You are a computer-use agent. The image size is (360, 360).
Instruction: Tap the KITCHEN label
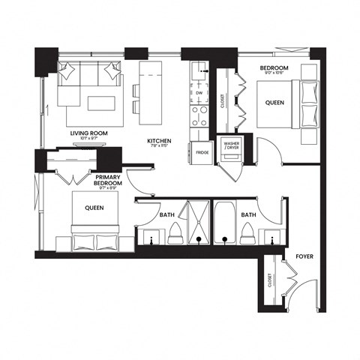click(x=160, y=141)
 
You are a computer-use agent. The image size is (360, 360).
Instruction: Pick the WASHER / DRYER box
click(x=228, y=146)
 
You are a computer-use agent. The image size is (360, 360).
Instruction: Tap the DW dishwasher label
click(x=199, y=94)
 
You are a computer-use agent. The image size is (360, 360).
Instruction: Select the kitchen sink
click(x=200, y=71)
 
